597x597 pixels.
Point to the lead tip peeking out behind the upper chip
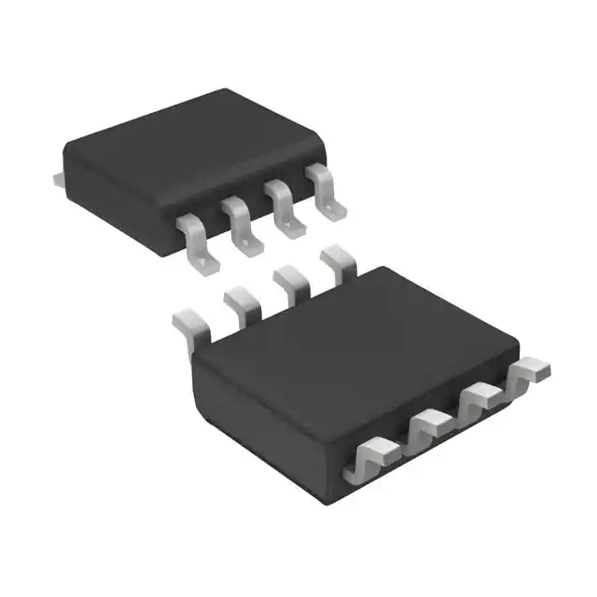(57, 175)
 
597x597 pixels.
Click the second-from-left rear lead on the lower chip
(241, 303)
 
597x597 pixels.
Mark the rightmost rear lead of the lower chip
(338, 260)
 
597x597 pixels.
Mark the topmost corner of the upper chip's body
(224, 90)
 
